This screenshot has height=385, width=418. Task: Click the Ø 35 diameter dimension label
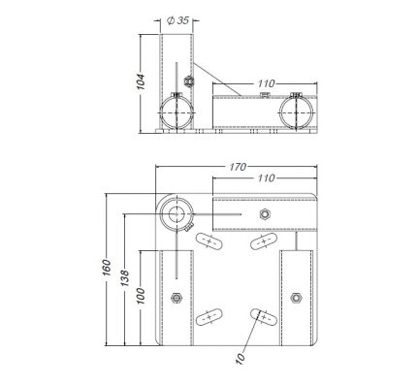177,20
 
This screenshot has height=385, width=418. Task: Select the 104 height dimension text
141,81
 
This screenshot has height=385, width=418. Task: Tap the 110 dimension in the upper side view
266,83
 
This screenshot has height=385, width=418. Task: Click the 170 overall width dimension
238,167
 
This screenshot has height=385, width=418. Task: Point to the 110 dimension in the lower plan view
266,177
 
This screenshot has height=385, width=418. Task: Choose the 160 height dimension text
107,268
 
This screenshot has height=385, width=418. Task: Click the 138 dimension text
124,278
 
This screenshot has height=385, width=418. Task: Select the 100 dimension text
141,296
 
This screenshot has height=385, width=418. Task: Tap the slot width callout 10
241,358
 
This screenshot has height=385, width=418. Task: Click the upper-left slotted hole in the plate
209,241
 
